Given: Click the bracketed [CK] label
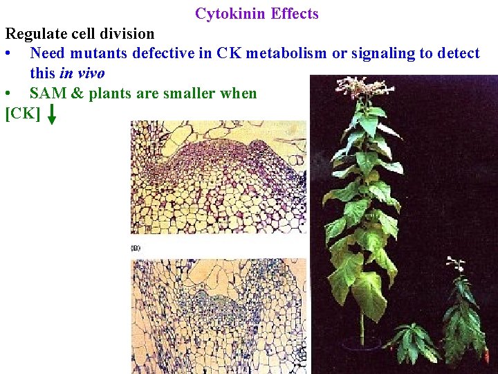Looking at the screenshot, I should click(x=23, y=113).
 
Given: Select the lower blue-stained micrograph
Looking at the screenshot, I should click(x=218, y=315).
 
